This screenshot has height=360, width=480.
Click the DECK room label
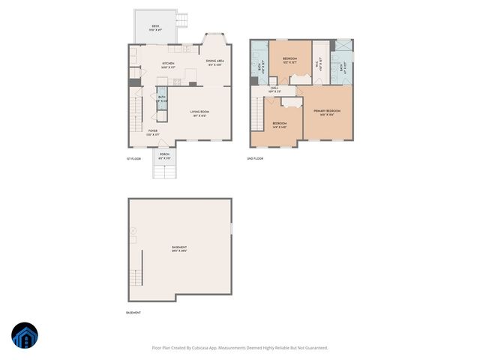pos(155,26)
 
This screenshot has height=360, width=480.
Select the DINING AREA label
pos(215,61)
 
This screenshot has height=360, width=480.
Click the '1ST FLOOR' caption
pos(133,159)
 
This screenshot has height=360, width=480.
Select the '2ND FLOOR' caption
pos(255,159)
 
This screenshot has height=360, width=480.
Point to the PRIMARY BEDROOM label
pos(327,112)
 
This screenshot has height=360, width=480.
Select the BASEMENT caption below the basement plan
pos(133,312)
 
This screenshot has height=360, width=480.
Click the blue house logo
pos(25,336)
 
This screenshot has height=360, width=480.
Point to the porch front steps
pos(164,170)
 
